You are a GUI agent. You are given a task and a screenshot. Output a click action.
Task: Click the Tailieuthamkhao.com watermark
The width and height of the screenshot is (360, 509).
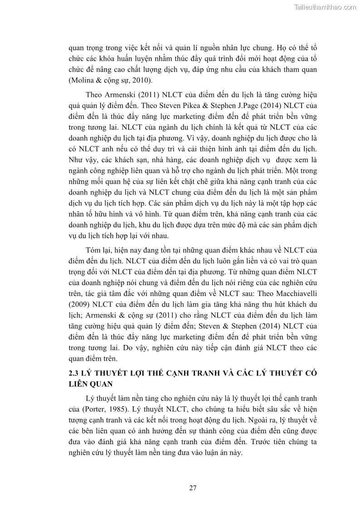point(325,7)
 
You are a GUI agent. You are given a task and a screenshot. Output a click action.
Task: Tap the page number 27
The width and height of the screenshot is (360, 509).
point(192,488)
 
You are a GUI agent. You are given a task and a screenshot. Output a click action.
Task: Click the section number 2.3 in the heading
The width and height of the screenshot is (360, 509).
point(73,373)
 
